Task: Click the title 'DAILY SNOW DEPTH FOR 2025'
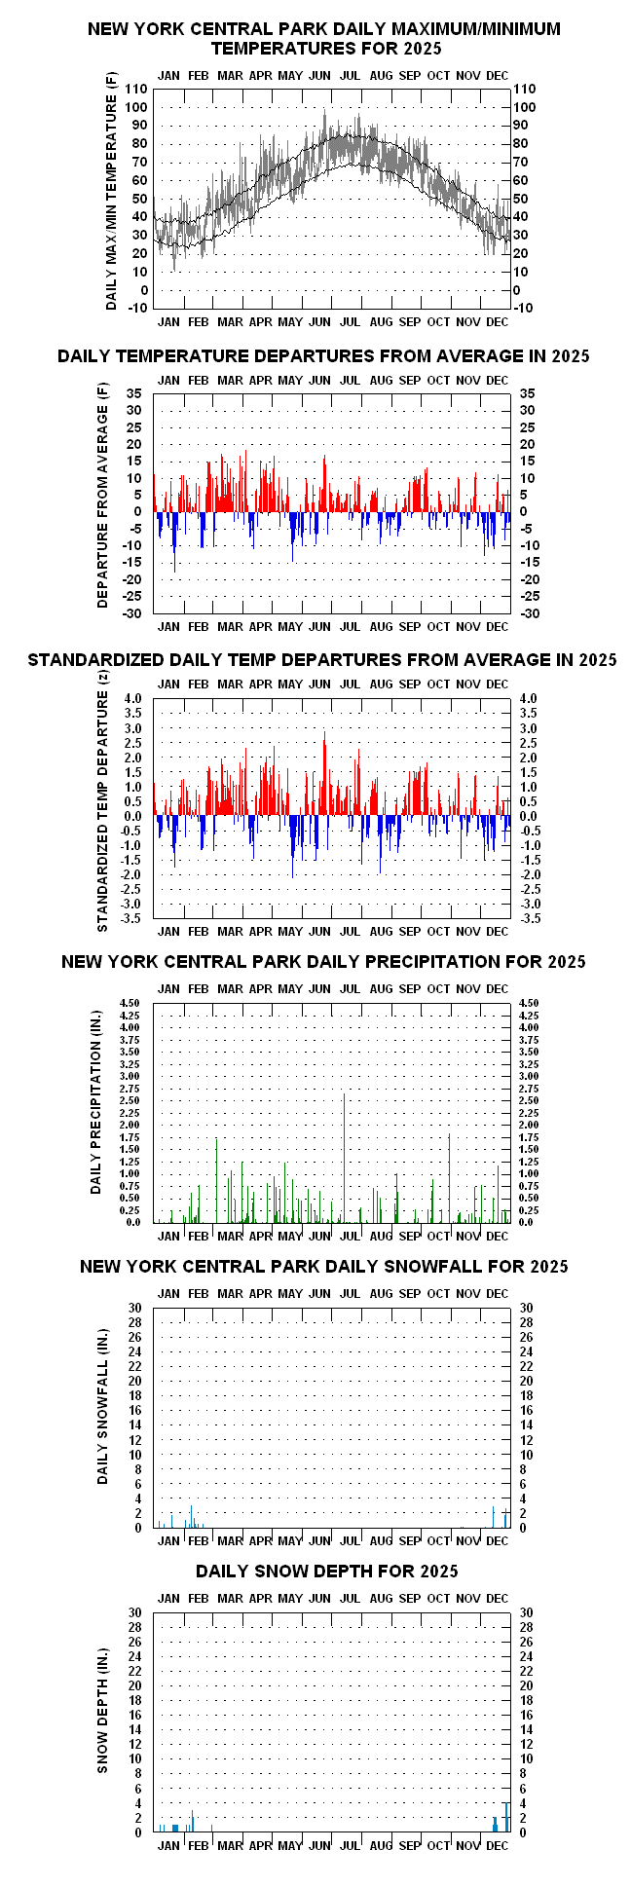[326, 1571]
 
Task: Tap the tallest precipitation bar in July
[344, 1158]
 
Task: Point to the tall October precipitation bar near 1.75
[449, 1178]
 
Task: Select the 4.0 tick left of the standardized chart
[133, 698]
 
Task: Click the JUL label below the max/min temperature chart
[350, 321]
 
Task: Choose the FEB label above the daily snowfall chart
[198, 1293]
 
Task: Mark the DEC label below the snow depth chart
[497, 1844]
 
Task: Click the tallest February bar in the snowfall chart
[192, 1516]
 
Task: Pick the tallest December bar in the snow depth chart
[506, 1817]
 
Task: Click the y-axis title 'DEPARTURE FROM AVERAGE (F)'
[102, 496]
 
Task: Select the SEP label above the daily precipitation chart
[410, 988]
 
